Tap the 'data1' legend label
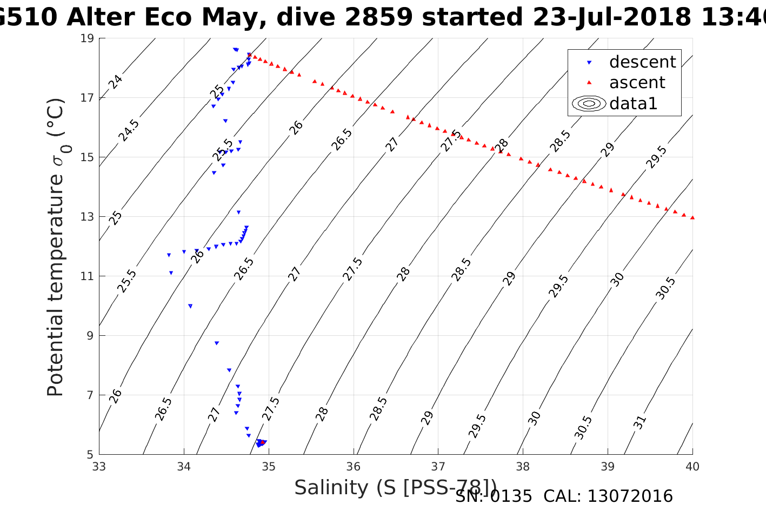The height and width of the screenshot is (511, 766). [633, 103]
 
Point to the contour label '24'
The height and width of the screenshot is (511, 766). [115, 82]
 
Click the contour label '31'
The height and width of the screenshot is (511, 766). [640, 422]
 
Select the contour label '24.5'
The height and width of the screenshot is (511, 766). [129, 130]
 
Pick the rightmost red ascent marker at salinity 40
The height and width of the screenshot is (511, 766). [692, 217]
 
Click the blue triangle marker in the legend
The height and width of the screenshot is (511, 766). [589, 63]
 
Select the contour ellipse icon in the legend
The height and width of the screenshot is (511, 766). [589, 103]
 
